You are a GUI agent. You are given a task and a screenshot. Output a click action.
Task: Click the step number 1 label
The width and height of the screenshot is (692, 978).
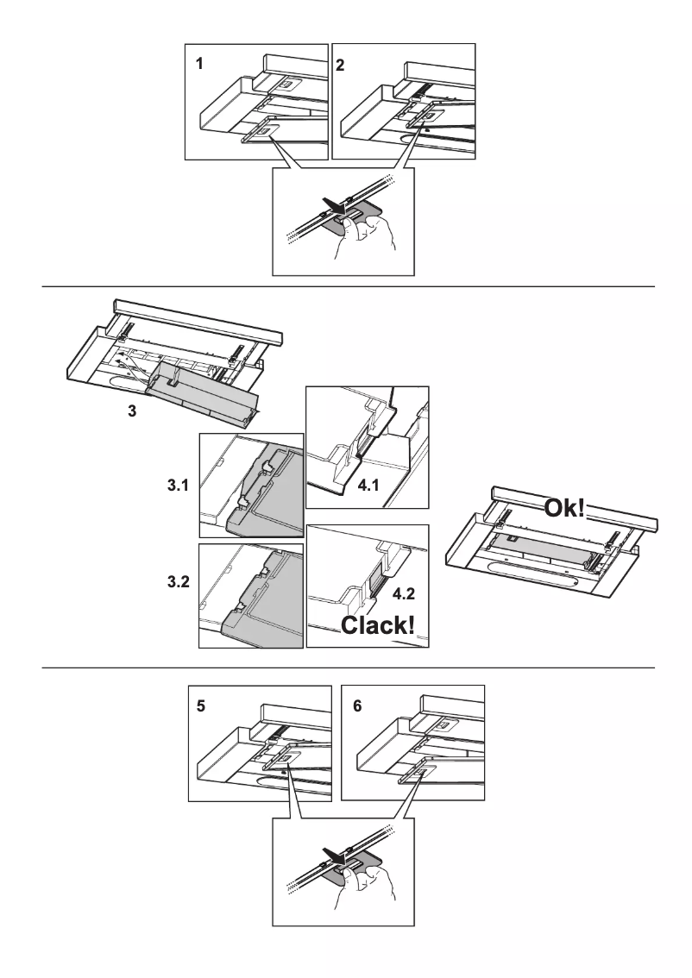pos(199,64)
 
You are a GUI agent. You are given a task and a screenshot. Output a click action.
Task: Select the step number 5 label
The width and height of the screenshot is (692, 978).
pos(201,705)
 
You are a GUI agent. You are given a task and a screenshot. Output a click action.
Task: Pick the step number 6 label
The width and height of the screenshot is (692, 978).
pos(356,705)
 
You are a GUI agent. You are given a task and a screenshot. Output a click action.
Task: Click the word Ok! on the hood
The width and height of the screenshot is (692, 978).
pos(564,507)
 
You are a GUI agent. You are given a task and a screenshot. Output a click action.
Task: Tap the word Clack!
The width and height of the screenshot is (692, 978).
pos(376,625)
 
